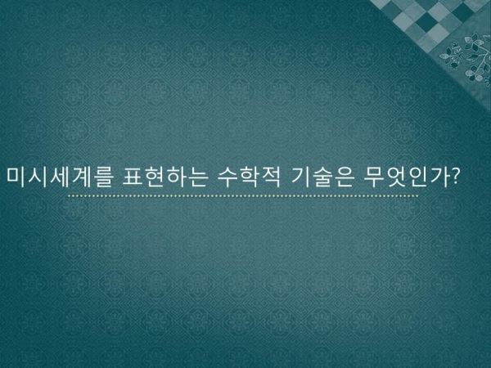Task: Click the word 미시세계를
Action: point(59,177)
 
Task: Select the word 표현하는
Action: point(165,177)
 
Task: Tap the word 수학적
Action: point(249,177)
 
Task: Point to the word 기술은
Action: point(322,177)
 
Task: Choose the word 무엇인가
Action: point(406,177)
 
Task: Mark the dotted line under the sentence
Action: point(243,196)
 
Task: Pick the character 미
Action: point(16,177)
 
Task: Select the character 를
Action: point(102,177)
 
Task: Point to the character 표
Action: point(133,177)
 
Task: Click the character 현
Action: point(155,177)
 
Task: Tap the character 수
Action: point(227,177)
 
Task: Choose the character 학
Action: point(250,177)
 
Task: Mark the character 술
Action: point(322,177)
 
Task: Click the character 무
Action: point(374,177)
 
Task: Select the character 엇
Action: point(396,177)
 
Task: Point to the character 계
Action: point(81,177)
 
